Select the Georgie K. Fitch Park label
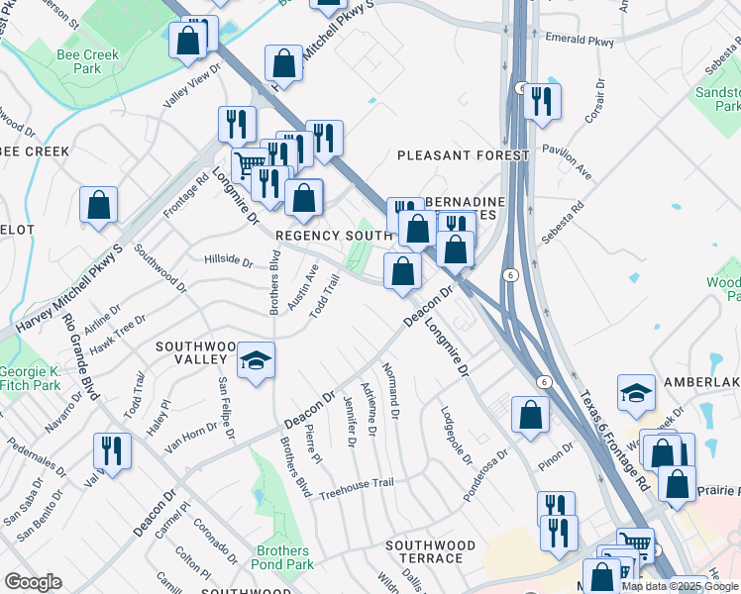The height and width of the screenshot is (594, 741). coord(24,377)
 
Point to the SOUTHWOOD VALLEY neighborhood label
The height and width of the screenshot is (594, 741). coord(196,353)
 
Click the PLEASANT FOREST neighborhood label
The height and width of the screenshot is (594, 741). coord(464,155)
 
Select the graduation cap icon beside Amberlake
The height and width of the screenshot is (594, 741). coord(635,393)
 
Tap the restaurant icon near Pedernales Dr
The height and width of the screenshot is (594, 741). coord(112,450)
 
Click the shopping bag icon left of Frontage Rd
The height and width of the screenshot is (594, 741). coord(98,205)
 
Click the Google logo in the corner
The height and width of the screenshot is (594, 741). coord(33,581)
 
